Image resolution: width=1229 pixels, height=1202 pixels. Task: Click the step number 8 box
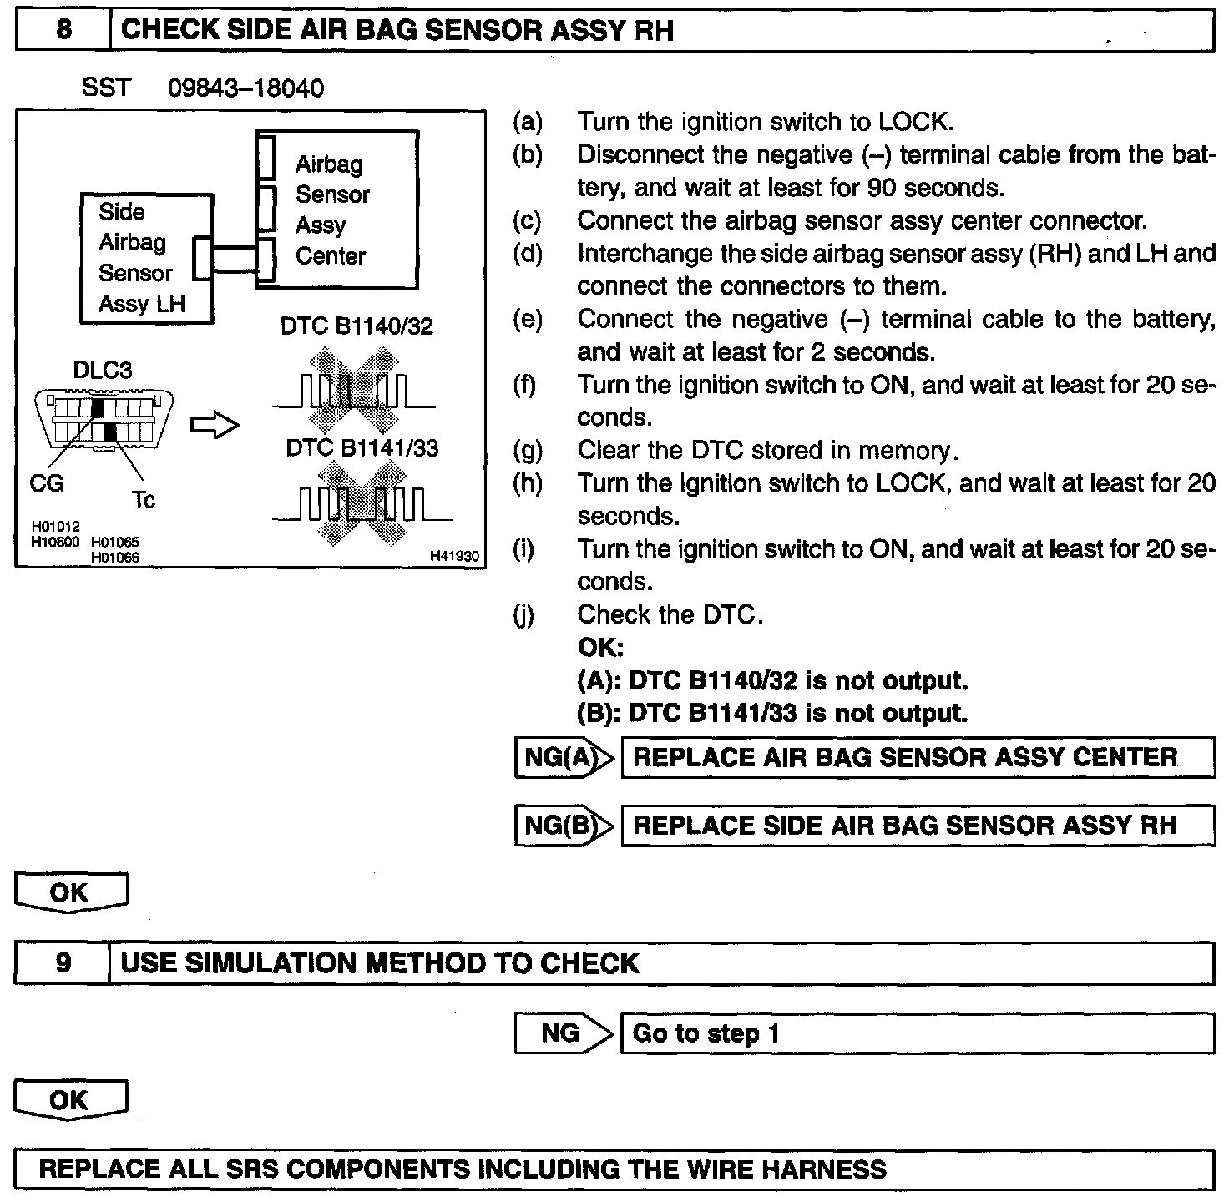63,30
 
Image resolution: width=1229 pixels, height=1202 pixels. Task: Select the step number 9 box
63,963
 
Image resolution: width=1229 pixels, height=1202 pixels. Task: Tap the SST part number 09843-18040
245,88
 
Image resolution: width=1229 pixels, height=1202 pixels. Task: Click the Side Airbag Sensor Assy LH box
146,258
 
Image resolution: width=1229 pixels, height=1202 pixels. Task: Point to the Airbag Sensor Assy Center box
337,210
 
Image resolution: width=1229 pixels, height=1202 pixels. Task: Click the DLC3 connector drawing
104,421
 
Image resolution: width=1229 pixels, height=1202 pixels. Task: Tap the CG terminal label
47,483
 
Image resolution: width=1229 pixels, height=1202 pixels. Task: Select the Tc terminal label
143,500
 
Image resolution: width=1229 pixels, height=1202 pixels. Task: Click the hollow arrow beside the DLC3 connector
215,426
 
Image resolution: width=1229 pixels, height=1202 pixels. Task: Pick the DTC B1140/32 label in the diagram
357,326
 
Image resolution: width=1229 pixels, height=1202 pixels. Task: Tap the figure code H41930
457,556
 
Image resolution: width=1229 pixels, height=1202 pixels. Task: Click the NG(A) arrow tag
564,757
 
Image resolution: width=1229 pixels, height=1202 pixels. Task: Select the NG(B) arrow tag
564,826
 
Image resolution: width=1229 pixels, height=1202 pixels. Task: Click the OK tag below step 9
70,1101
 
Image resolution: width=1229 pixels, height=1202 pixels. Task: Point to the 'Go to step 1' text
706,1033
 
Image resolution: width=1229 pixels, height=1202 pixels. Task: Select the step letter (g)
527,451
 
